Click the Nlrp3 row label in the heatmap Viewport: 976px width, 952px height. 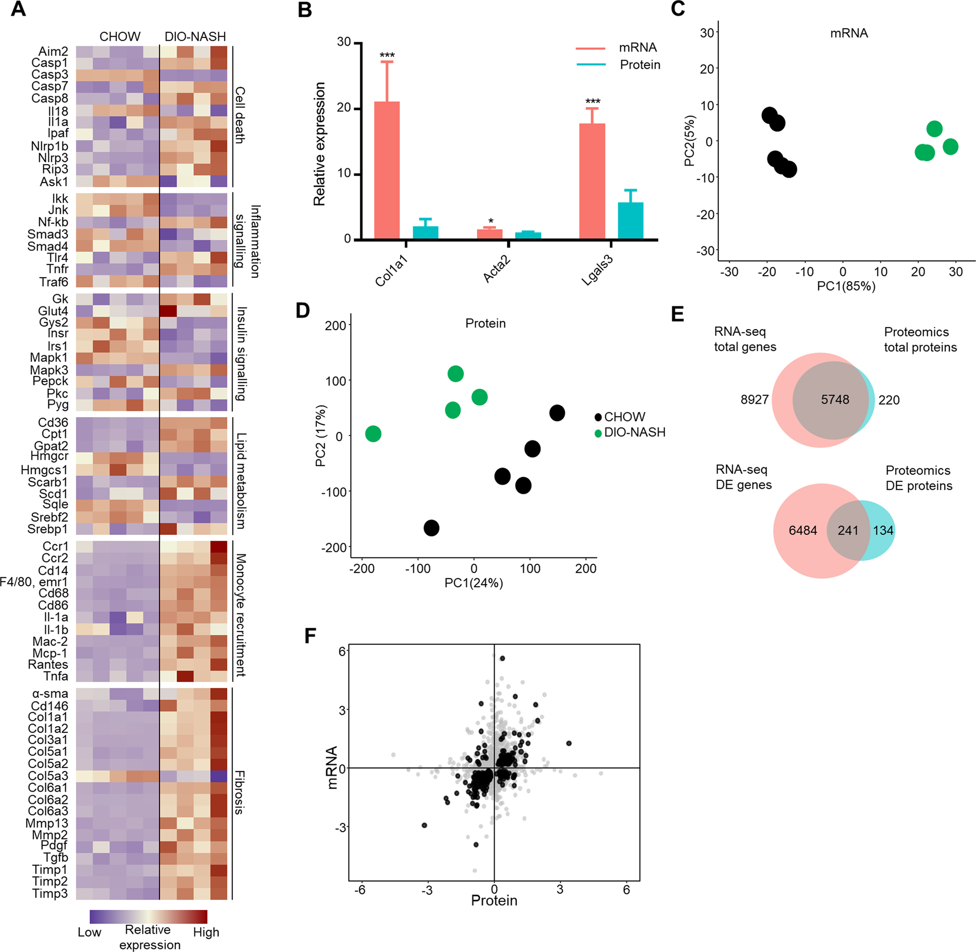pos(52,158)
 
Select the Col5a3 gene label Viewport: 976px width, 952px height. pos(47,776)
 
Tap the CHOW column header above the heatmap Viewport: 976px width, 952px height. pos(119,37)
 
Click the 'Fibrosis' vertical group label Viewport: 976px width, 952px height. pos(239,793)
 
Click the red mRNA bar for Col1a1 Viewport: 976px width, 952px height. pos(387,170)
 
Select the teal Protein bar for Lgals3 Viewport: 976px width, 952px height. pos(630,221)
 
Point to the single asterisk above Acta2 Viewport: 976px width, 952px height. pos(491,222)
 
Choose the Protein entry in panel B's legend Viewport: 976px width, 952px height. pos(640,65)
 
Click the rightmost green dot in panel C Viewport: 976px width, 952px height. pos(950,147)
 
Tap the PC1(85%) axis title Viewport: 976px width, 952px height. pos(846,286)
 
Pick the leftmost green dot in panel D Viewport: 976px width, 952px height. pos(373,434)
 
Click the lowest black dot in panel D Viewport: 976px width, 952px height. pos(431,528)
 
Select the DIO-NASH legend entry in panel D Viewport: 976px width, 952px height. pos(634,433)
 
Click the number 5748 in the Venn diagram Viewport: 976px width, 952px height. pos(835,400)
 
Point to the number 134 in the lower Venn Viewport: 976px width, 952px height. pos(883,530)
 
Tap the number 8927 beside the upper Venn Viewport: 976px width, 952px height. pos(754,400)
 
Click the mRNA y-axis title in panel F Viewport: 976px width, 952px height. pos(332,767)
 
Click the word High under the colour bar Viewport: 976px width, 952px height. pos(206,932)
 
